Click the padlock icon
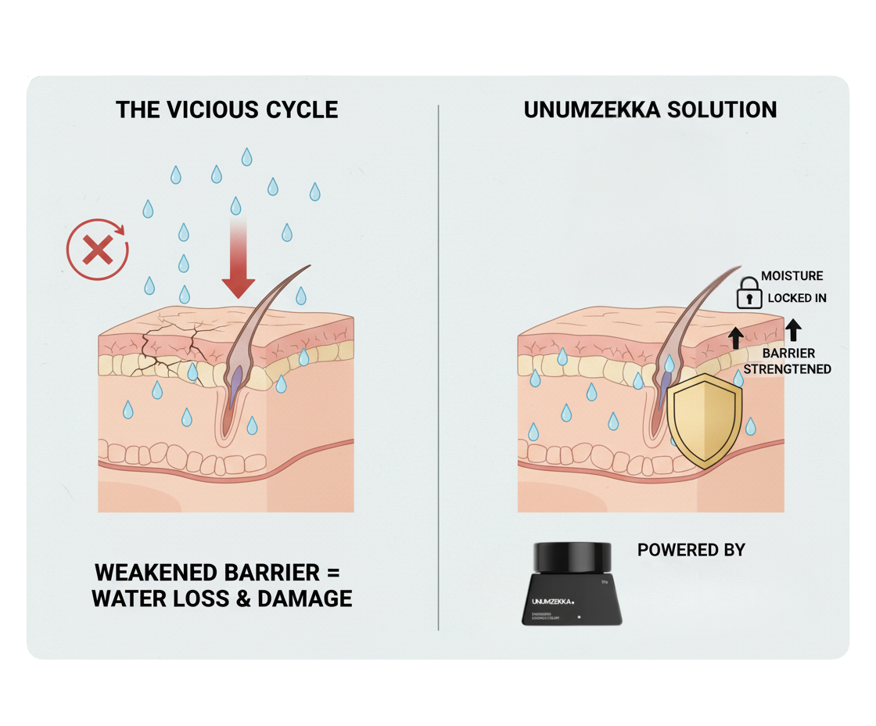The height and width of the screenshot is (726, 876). [749, 291]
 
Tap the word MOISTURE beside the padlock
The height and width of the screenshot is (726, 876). [792, 275]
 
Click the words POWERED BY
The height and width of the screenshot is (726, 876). [691, 550]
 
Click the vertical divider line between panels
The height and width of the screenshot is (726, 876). [439, 368]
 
